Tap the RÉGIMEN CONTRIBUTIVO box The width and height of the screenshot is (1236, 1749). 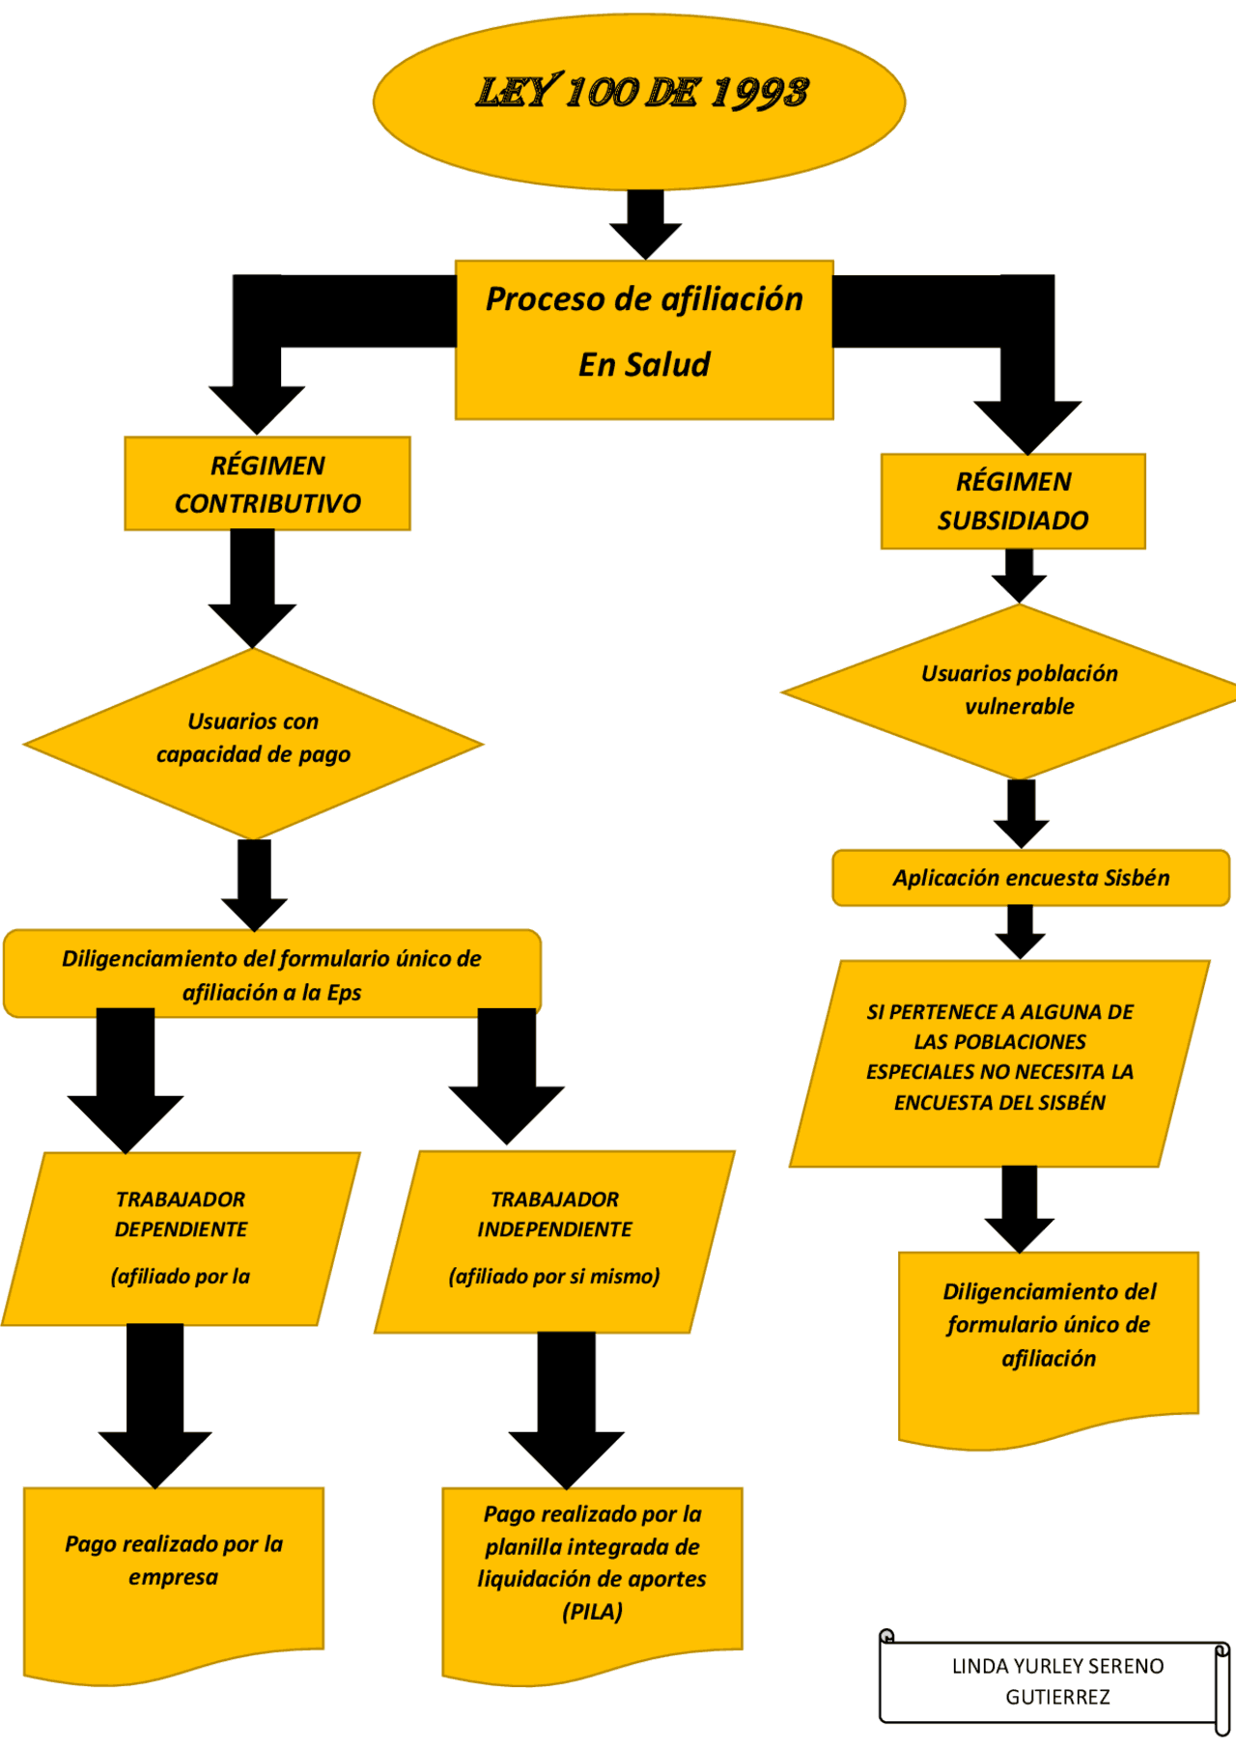coord(267,484)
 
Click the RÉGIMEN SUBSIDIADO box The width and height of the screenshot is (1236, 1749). coord(1013,501)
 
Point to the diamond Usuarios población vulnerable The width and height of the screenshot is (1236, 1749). coord(1018,691)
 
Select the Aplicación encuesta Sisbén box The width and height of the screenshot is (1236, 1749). coord(1030,878)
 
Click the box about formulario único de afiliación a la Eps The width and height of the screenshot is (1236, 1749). coord(271,973)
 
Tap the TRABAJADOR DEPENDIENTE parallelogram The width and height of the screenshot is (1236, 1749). coord(181,1238)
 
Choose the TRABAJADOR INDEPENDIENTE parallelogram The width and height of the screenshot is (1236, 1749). coord(554,1240)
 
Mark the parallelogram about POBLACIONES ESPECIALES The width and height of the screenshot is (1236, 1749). coord(999,1062)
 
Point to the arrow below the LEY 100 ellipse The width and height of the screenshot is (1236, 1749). coord(645,223)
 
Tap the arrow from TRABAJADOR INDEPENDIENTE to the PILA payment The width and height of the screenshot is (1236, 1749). coord(567,1410)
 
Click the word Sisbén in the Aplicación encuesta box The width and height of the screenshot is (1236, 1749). coord(1137,878)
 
